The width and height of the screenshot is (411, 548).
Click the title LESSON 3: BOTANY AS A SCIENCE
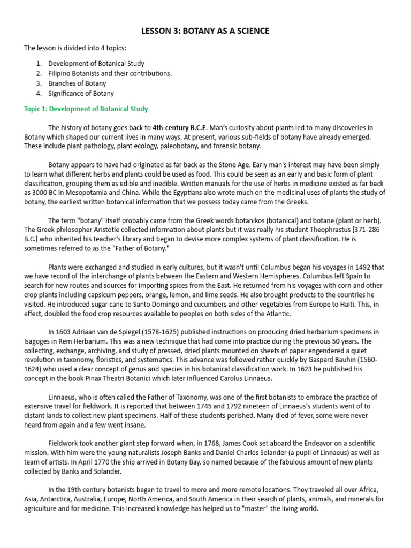[x=205, y=32]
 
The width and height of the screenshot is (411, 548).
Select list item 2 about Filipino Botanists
[x=110, y=73]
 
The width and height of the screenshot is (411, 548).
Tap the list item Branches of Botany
[x=77, y=83]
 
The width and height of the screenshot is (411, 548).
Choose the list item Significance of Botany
[x=81, y=93]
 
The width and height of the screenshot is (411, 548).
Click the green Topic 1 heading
[x=86, y=109]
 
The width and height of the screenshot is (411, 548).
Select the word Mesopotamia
[x=82, y=193]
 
